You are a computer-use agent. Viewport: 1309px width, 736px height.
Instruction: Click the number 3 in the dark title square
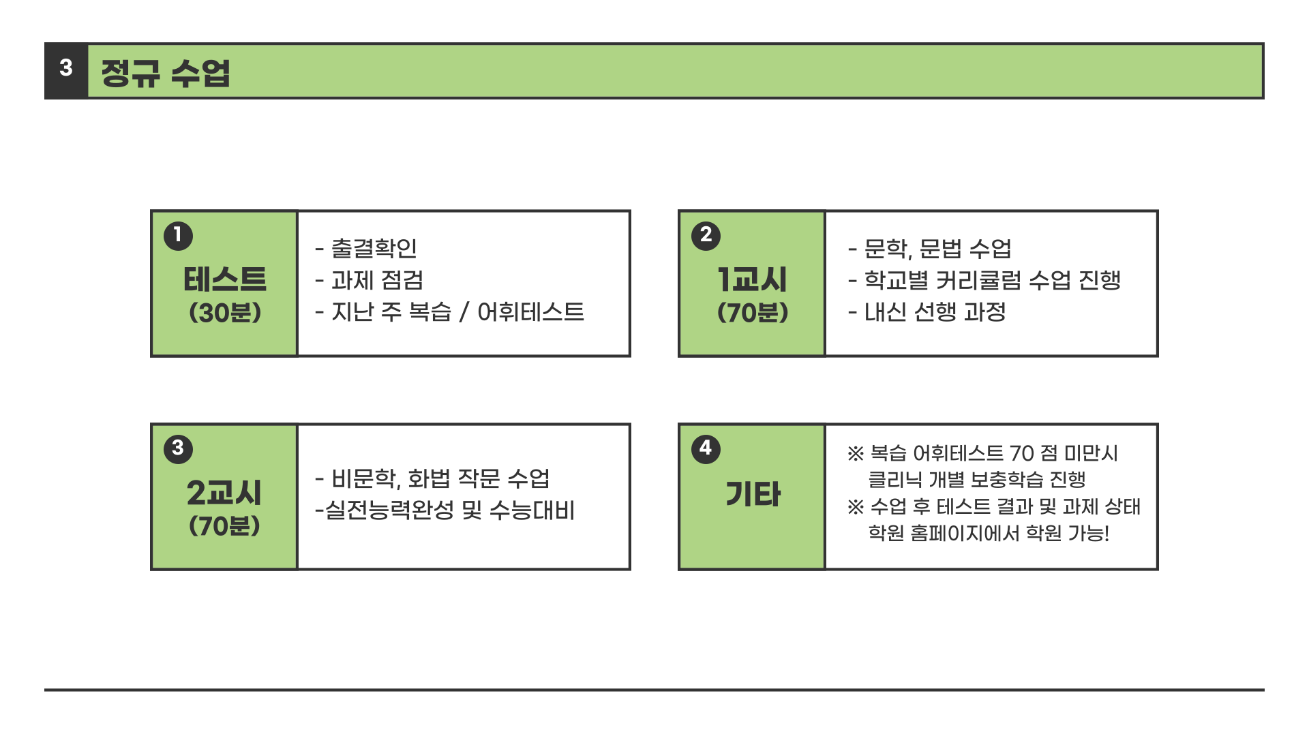tap(66, 68)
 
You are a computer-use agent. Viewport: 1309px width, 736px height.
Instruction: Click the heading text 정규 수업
tap(166, 73)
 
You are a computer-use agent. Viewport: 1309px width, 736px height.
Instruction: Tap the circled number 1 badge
tap(178, 236)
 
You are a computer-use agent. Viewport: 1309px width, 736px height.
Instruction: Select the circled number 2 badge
tap(706, 236)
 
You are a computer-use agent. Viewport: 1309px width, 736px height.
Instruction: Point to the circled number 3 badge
tap(178, 449)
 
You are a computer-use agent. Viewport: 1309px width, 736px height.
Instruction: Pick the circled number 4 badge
tap(706, 449)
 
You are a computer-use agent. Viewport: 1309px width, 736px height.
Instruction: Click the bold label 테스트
tap(225, 279)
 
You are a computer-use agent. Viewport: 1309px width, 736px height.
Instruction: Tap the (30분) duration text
tap(225, 313)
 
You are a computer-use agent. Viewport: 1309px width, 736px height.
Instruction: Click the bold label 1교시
tap(752, 279)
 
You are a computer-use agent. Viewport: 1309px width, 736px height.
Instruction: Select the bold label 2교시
tap(224, 493)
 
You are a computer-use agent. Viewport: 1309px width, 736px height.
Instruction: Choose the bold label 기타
tap(753, 494)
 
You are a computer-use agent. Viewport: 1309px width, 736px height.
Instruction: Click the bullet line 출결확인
tap(374, 249)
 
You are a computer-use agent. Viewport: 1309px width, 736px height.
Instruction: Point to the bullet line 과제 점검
tap(377, 280)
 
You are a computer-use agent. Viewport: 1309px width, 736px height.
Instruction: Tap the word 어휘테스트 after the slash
tap(530, 312)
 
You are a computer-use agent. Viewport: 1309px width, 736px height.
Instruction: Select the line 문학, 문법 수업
tap(937, 249)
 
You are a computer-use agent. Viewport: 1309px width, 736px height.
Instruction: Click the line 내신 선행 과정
tap(935, 312)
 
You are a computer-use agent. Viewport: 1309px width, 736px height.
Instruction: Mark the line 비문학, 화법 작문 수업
tap(440, 478)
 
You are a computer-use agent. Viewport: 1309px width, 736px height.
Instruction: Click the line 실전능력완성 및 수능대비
tap(450, 510)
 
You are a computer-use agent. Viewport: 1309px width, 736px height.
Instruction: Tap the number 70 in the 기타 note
tap(1022, 453)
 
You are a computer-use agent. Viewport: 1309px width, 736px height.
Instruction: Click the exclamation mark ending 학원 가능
tap(1106, 533)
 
